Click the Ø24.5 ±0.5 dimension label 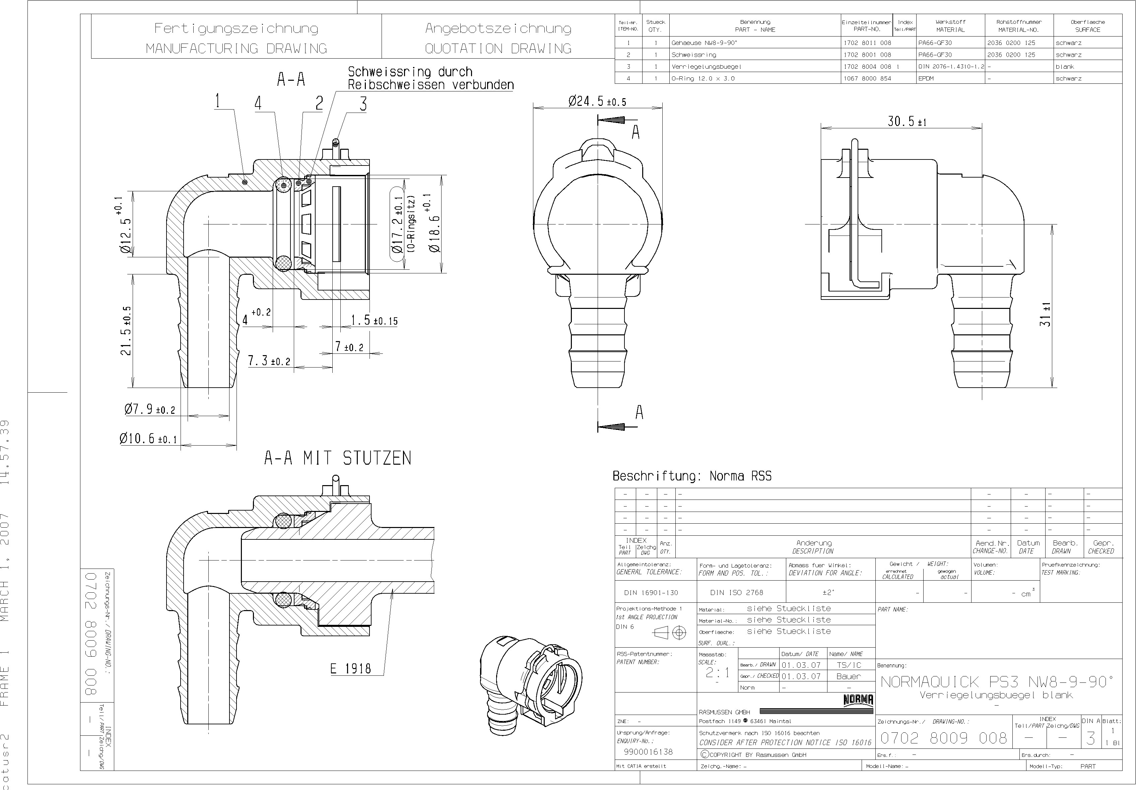(x=597, y=102)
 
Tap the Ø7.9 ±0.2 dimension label (x=149, y=409)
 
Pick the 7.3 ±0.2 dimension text (x=269, y=361)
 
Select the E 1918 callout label (x=350, y=669)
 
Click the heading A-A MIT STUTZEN (x=337, y=458)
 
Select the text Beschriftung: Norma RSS (x=692, y=476)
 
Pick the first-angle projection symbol (x=669, y=633)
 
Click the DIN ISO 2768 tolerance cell (x=736, y=592)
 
